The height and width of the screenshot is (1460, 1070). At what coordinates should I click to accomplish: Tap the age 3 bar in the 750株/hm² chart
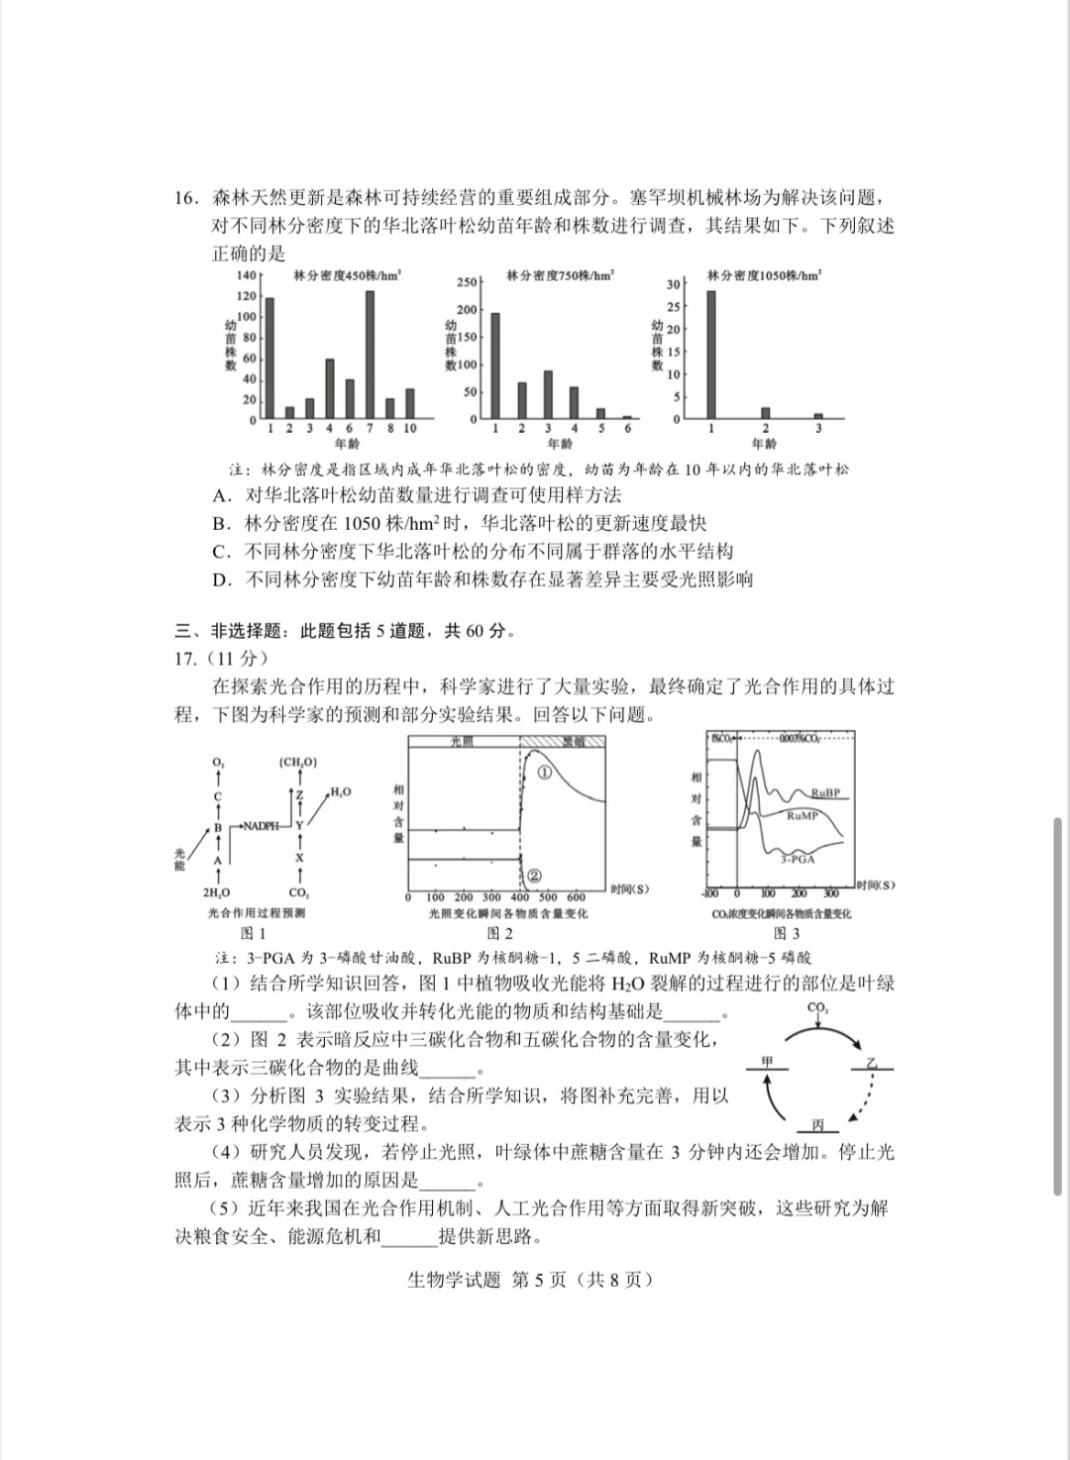pyautogui.click(x=548, y=395)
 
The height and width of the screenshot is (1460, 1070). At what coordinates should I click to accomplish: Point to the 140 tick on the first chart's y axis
pyautogui.click(x=246, y=275)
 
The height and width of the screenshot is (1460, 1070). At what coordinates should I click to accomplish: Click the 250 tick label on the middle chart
pyautogui.click(x=467, y=282)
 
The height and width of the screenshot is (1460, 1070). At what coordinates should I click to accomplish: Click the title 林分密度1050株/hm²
pyautogui.click(x=764, y=275)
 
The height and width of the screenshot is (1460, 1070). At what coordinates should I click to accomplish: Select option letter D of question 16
pyautogui.click(x=221, y=579)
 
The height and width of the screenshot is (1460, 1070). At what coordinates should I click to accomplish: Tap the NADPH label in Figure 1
pyautogui.click(x=261, y=825)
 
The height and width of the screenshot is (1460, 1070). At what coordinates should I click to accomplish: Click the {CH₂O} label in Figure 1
pyautogui.click(x=298, y=762)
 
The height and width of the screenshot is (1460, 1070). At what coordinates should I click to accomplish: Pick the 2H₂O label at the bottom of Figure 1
pyautogui.click(x=216, y=892)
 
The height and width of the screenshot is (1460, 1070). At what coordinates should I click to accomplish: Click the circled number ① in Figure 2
pyautogui.click(x=544, y=773)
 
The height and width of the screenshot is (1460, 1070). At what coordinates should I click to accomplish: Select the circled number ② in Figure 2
pyautogui.click(x=535, y=875)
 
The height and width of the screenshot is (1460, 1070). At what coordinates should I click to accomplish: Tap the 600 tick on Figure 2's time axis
pyautogui.click(x=577, y=897)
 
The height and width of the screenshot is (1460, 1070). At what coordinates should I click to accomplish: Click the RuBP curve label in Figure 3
pyautogui.click(x=824, y=792)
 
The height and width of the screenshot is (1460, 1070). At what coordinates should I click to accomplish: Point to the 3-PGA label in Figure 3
pyautogui.click(x=797, y=859)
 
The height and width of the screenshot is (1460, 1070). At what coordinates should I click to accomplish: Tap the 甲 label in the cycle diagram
pyautogui.click(x=767, y=1062)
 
